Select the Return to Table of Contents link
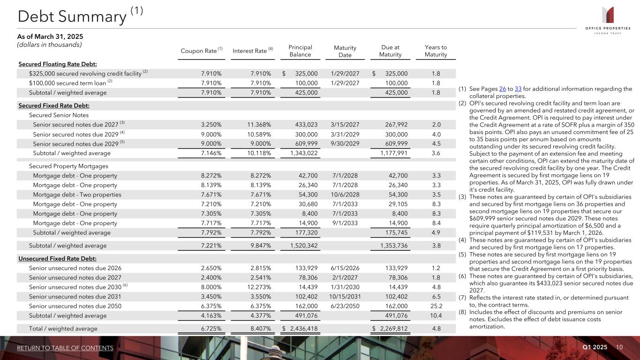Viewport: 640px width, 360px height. (x=65, y=348)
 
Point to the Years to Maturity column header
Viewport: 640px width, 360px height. (x=436, y=51)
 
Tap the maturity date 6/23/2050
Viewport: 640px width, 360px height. (x=345, y=306)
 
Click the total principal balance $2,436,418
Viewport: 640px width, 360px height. (x=300, y=329)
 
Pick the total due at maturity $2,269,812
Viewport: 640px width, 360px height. (x=390, y=329)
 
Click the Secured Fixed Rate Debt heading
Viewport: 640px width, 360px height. (x=54, y=105)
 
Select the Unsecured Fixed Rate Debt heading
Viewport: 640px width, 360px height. (x=58, y=258)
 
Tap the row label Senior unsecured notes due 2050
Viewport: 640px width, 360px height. (x=75, y=306)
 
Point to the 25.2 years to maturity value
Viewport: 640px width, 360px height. (x=435, y=306)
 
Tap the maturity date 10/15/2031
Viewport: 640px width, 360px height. (x=345, y=296)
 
